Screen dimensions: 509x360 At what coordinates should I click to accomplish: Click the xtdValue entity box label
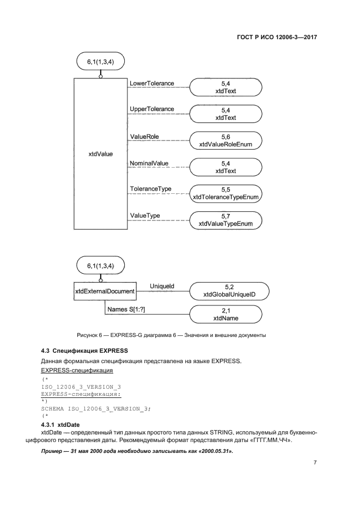(100, 154)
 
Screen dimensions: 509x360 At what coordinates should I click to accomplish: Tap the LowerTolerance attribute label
(151, 83)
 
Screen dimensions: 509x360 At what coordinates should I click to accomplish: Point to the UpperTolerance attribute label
(151, 109)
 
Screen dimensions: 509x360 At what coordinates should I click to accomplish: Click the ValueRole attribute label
(144, 136)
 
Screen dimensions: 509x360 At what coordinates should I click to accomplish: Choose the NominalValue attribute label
(149, 163)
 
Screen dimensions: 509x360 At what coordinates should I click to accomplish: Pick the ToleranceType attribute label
(150, 189)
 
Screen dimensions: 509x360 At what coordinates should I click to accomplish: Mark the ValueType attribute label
(145, 216)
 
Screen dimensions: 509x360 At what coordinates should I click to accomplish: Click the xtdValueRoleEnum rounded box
(225, 140)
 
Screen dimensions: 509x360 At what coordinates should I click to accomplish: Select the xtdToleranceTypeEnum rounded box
(225, 193)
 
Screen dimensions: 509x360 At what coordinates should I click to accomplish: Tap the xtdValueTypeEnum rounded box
(225, 220)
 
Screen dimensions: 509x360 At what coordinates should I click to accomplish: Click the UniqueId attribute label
(162, 286)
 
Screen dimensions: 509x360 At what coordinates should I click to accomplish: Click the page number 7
(315, 463)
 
